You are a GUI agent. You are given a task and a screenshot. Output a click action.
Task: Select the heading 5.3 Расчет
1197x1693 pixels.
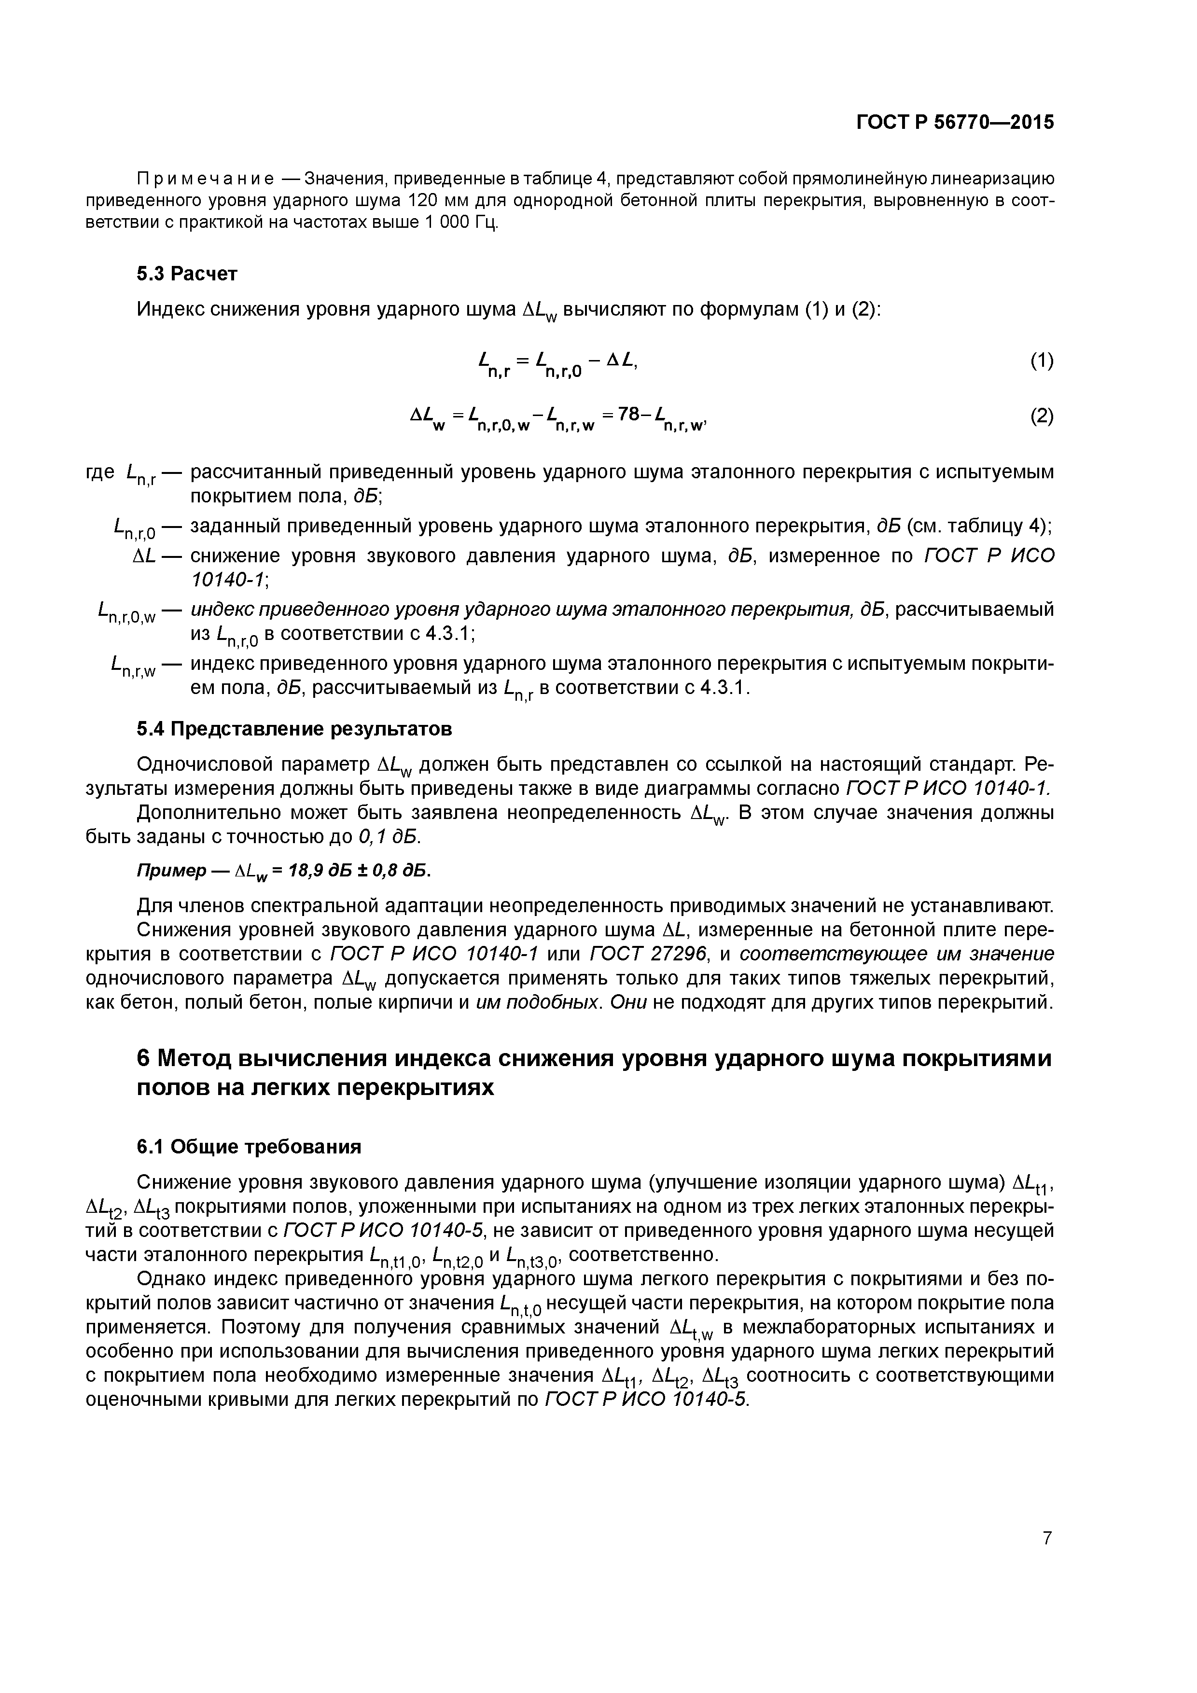[x=187, y=274]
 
